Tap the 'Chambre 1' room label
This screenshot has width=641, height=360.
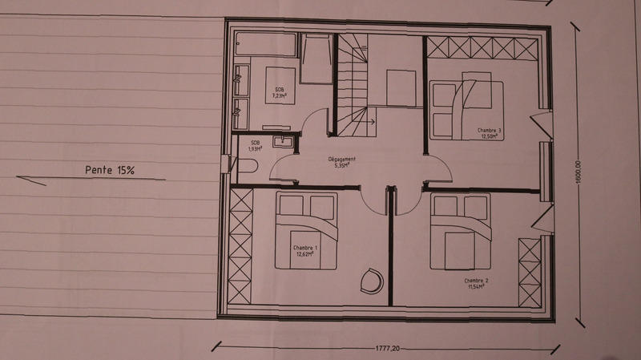[x=305, y=248]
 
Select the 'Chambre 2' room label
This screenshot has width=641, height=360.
[x=476, y=281]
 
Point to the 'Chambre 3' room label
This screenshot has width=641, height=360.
[x=489, y=131]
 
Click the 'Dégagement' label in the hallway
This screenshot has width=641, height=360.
[x=341, y=159]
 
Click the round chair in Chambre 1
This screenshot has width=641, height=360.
[x=371, y=279]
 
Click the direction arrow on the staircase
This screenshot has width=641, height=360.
[x=370, y=121]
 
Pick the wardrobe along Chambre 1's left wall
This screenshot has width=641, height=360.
[x=240, y=246]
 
